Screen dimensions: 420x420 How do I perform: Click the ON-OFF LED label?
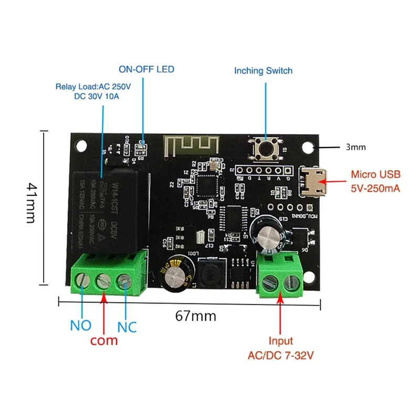click(146, 69)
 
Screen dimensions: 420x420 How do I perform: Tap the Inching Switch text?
click(263, 70)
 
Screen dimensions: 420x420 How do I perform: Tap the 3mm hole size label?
click(355, 148)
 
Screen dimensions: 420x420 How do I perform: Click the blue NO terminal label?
click(81, 325)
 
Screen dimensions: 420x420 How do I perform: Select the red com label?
click(104, 340)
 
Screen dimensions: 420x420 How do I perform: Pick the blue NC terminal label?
click(127, 327)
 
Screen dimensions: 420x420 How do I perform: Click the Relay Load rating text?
click(93, 91)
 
